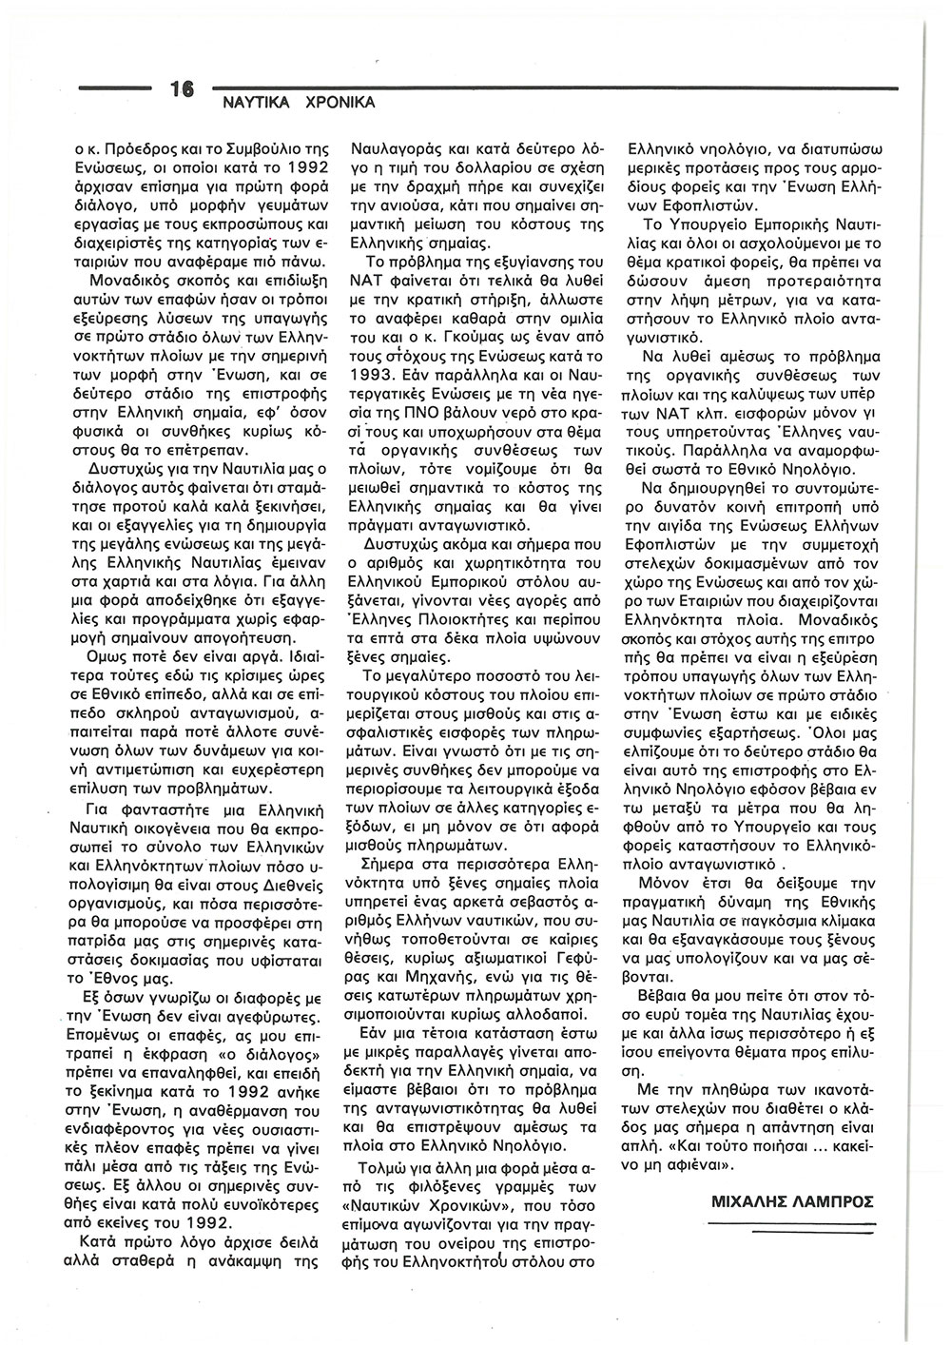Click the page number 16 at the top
tap(182, 89)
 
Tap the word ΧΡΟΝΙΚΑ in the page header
tap(337, 101)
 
